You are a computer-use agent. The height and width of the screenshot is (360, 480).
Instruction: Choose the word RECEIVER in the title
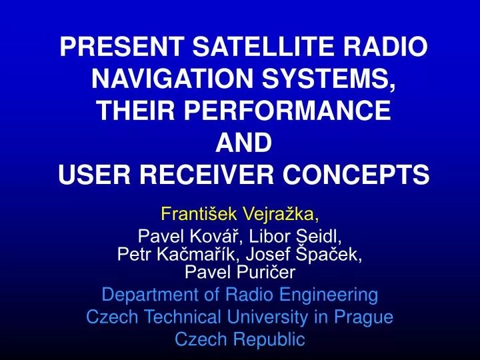(213, 175)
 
